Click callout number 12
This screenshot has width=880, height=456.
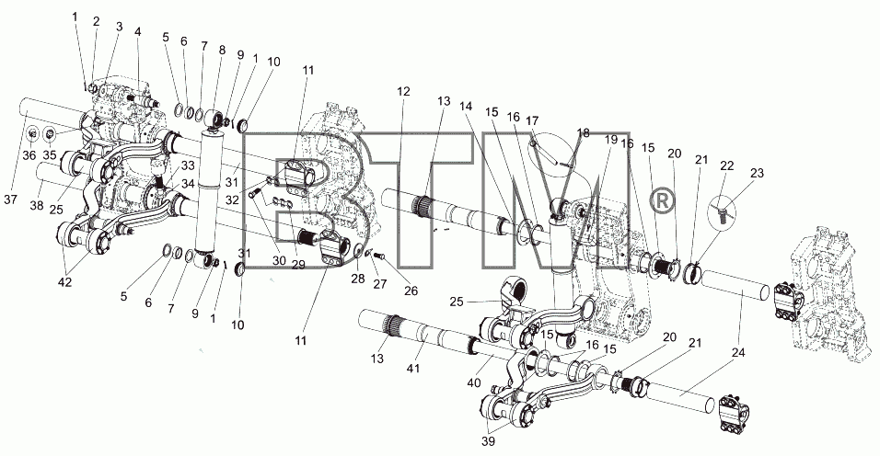point(403,91)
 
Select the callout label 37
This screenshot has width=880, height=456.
point(11,200)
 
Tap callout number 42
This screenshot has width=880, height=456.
point(65,282)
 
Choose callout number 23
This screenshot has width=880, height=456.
point(757,173)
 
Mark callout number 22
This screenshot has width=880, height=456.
point(727,165)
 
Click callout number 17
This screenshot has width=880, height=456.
point(532,120)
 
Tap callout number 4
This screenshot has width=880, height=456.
point(137,31)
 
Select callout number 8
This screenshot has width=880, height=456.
point(222,50)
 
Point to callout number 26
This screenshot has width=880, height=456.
point(411,291)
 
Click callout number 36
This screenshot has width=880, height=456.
point(31,154)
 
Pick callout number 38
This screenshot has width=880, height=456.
point(37,206)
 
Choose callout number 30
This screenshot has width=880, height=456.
point(279,260)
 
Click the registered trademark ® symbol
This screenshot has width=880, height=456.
point(662,201)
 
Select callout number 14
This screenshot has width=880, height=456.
point(466,106)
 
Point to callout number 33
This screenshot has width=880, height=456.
point(188,165)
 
